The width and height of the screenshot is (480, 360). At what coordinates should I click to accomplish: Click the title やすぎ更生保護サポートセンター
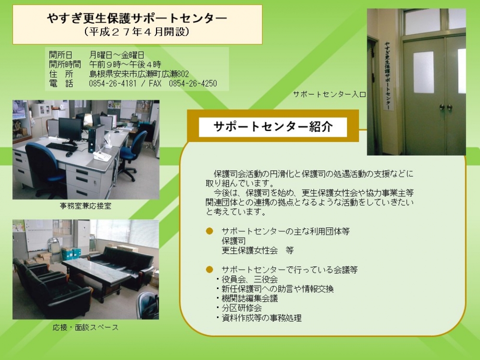tap(137, 18)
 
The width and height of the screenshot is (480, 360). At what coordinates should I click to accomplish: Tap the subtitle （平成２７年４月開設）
tap(137, 32)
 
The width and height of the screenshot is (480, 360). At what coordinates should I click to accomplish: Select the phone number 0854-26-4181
tap(113, 84)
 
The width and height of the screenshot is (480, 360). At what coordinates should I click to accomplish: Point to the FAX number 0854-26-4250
tap(193, 84)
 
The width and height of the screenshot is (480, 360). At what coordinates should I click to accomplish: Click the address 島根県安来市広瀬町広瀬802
tap(139, 74)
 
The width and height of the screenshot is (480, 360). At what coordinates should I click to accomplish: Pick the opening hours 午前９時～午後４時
tap(125, 64)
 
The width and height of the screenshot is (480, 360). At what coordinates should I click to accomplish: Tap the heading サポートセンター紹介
tap(273, 126)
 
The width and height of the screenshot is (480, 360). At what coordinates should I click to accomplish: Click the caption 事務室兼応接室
tap(85, 206)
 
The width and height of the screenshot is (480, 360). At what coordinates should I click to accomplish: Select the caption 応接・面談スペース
tap(85, 327)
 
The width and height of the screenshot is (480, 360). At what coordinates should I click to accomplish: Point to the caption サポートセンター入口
tap(329, 94)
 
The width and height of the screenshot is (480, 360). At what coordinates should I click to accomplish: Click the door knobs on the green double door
tap(446, 107)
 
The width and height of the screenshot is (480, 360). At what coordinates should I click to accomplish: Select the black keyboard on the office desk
tap(62, 147)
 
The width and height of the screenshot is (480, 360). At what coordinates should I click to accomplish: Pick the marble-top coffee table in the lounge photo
tap(96, 269)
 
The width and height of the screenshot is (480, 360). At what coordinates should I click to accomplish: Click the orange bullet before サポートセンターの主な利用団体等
tap(209, 231)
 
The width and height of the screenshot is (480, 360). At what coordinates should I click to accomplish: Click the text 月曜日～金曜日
tap(117, 55)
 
